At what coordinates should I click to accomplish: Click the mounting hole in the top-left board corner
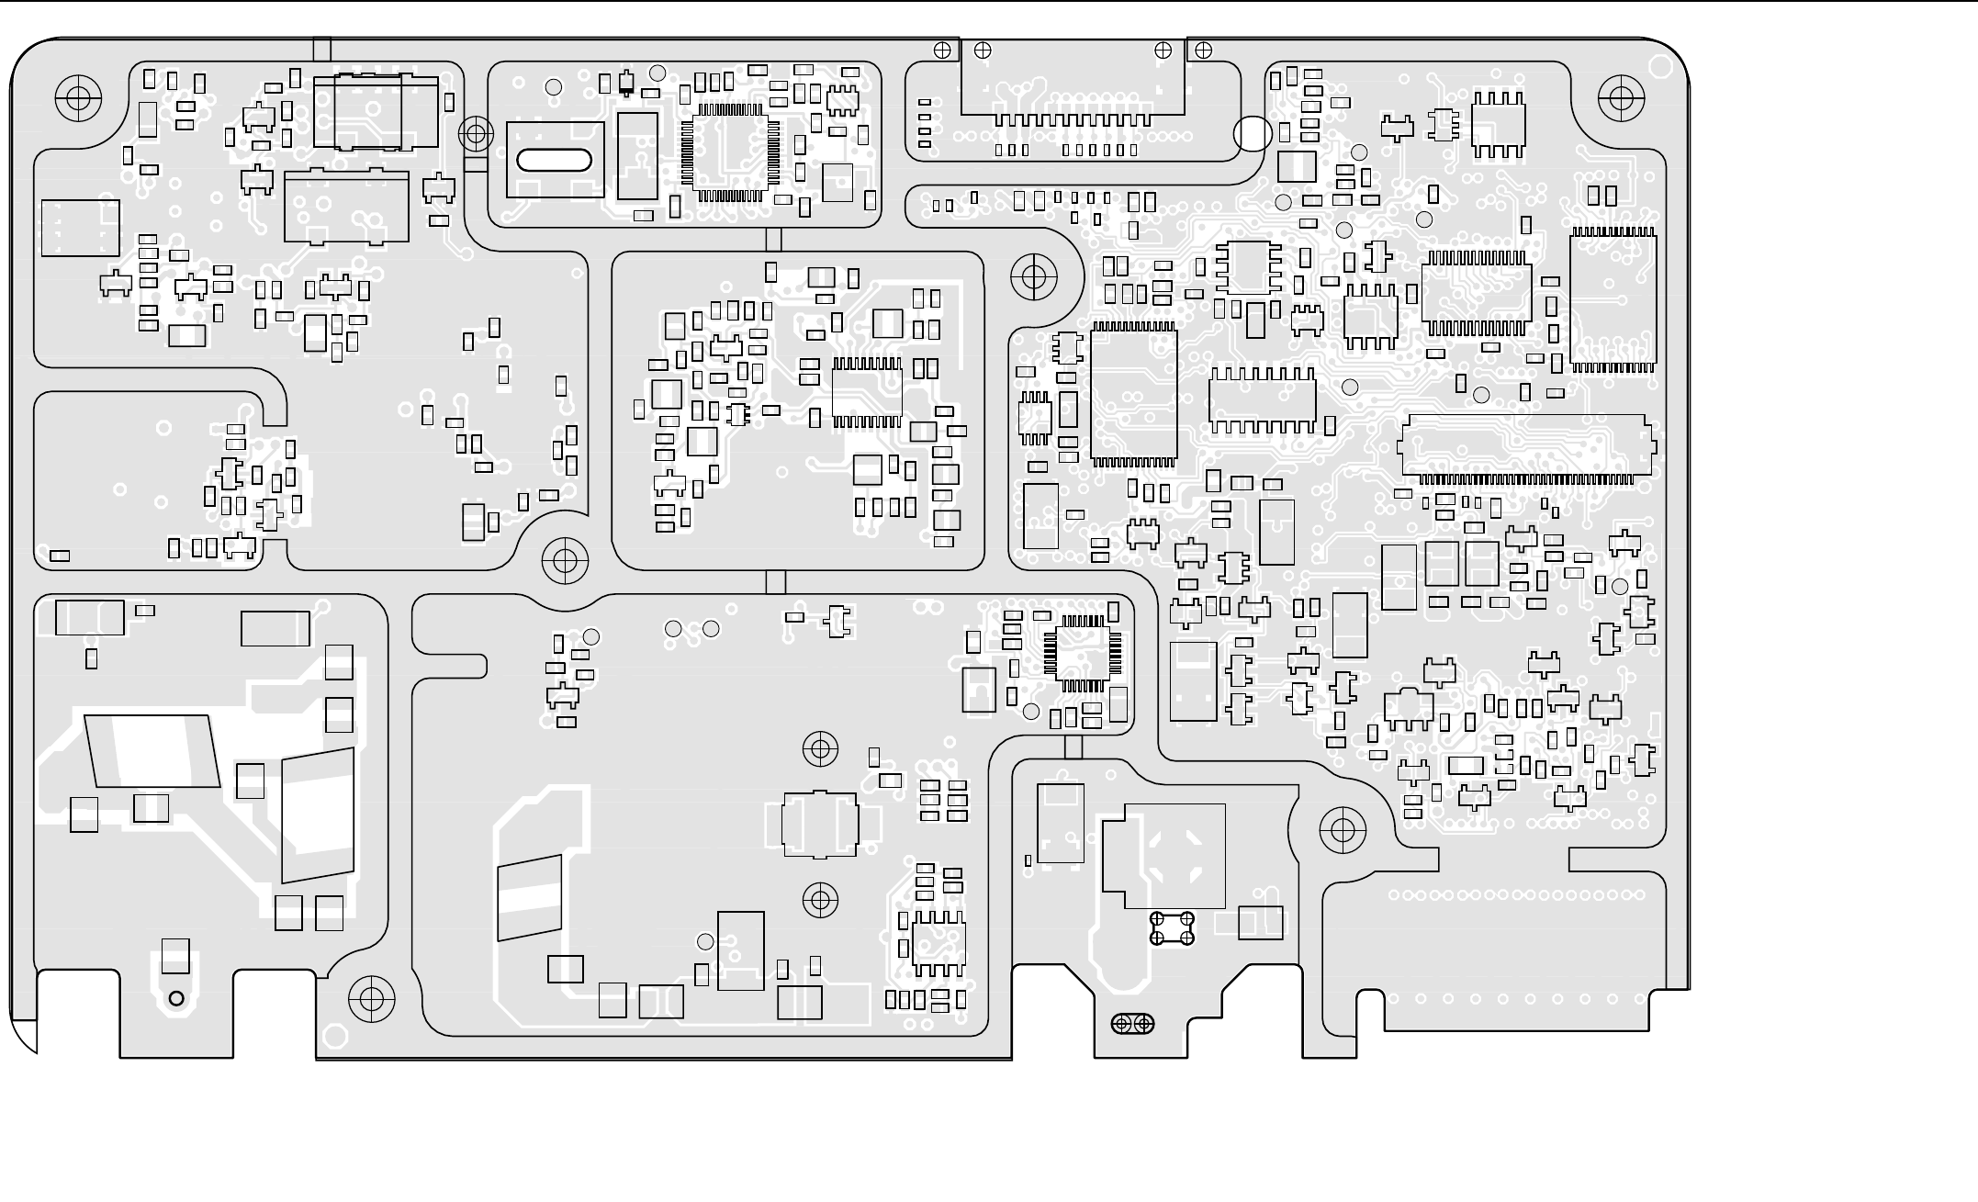click(x=78, y=96)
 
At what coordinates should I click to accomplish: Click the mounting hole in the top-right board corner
click(x=1621, y=96)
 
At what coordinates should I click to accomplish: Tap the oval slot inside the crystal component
click(x=555, y=160)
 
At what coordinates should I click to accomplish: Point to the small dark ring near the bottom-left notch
click(x=176, y=998)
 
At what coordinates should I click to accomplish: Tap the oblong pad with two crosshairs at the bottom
click(x=1132, y=1023)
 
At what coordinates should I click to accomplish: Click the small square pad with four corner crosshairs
click(x=1172, y=927)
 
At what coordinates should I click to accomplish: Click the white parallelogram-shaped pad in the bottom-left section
click(x=152, y=750)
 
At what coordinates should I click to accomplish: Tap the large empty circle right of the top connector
click(x=1253, y=134)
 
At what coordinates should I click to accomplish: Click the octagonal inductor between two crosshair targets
click(x=820, y=824)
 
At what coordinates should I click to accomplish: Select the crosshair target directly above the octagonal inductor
click(x=820, y=749)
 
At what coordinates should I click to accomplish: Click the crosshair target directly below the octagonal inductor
click(x=820, y=900)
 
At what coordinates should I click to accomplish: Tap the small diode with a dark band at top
click(x=626, y=84)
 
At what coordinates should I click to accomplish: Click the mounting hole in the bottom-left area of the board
click(x=371, y=998)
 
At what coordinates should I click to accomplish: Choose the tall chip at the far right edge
click(x=1613, y=300)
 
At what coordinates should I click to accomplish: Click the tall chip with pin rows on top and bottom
click(x=1133, y=395)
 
